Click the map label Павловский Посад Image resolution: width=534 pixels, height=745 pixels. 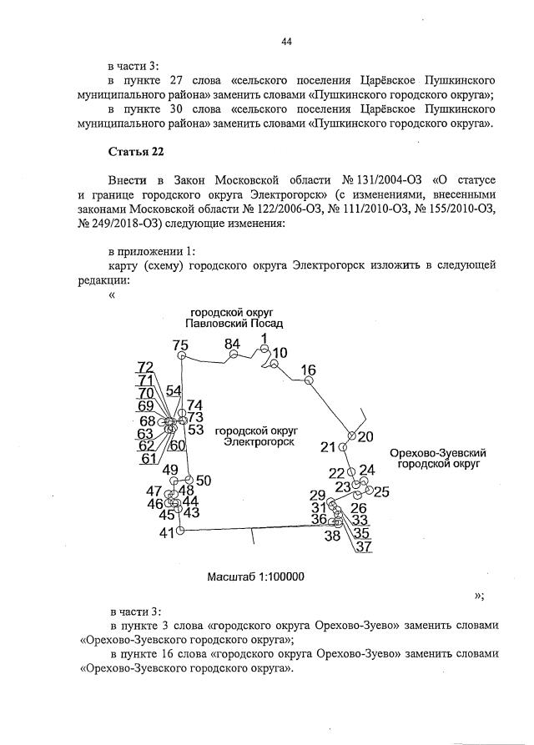[234, 324]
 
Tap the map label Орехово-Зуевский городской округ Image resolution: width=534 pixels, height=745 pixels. [438, 459]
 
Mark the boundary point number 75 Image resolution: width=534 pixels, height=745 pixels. [180, 345]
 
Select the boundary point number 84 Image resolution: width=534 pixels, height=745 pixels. [232, 344]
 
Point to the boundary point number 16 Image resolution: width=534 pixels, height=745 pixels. [309, 370]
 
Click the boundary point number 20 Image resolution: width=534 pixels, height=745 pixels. [365, 436]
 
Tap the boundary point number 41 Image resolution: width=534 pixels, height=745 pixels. [168, 532]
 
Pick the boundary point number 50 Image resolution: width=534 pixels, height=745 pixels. [204, 480]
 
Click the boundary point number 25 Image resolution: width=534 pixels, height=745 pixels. [381, 491]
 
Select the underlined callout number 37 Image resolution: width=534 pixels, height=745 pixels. [364, 547]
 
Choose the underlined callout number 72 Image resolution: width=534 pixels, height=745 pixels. [146, 367]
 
